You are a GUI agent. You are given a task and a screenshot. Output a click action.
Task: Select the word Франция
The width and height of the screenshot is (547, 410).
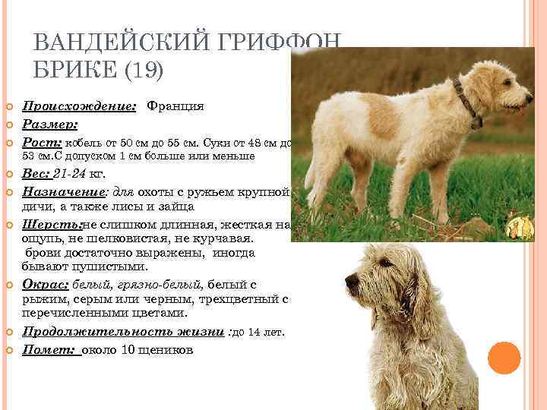[175, 107]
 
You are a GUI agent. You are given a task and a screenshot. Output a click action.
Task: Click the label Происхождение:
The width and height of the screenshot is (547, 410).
[78, 107]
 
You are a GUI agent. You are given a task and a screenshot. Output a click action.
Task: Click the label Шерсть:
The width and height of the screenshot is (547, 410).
[52, 225]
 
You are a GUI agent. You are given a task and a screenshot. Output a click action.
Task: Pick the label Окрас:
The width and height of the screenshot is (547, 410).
[46, 284]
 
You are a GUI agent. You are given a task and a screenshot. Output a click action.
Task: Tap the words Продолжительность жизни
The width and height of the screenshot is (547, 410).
[122, 332]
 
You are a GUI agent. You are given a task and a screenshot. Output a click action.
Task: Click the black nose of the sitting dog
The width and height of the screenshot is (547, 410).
[352, 282]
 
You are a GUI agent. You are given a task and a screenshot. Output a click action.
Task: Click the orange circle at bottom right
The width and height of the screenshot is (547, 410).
[504, 357]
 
